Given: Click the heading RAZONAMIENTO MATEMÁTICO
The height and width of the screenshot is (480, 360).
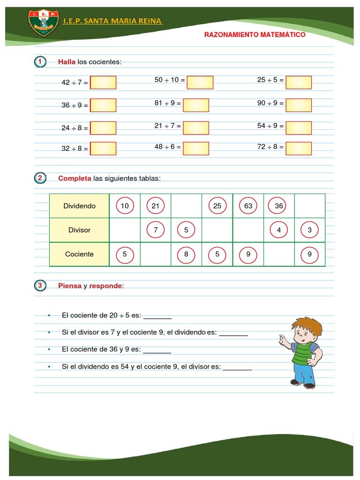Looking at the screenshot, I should (255, 35).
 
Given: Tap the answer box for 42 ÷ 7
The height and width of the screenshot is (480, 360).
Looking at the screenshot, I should (103, 82).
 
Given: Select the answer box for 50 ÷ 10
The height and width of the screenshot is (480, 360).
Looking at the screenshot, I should (200, 82).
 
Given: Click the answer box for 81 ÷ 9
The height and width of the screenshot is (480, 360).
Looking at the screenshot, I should (196, 105).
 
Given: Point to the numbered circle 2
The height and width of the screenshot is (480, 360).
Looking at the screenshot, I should (40, 178).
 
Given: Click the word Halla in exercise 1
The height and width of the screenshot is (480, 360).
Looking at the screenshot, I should (67, 62).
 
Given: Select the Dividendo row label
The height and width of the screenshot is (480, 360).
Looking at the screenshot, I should (79, 206).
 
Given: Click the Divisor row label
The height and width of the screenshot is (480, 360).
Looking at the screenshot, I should (79, 230).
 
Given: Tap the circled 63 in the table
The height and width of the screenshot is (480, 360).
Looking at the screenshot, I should (248, 206).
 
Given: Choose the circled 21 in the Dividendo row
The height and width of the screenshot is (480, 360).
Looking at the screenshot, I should (156, 206).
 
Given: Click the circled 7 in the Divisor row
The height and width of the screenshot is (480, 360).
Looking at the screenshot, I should (156, 230).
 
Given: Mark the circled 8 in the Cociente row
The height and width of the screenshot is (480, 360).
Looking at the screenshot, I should (186, 255).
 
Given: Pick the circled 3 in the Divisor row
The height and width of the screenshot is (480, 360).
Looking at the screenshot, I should (309, 230).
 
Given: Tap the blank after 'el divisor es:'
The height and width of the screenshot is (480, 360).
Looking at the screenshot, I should (237, 368).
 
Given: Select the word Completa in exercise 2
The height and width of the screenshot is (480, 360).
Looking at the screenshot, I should (75, 178).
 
